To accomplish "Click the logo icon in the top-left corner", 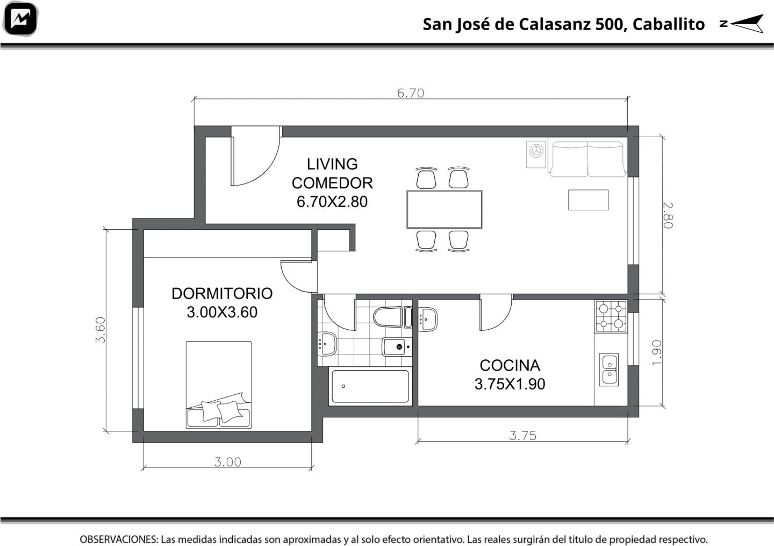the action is pyautogui.click(x=20, y=19).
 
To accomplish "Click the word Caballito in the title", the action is pyautogui.click(x=669, y=24).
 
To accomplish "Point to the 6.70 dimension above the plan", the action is pyautogui.click(x=411, y=93).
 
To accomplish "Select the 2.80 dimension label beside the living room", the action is pyautogui.click(x=668, y=215).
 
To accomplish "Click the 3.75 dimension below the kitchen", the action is pyautogui.click(x=523, y=436).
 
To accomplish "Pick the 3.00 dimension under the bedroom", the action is pyautogui.click(x=228, y=462).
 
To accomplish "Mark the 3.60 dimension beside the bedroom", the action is pyautogui.click(x=100, y=330).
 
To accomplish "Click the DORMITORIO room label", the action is pyautogui.click(x=222, y=293).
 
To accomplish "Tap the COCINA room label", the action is pyautogui.click(x=510, y=365).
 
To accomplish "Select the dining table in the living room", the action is pyautogui.click(x=445, y=209).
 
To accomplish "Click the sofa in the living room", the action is pyautogui.click(x=587, y=159).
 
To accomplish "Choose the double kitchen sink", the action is pyautogui.click(x=609, y=370).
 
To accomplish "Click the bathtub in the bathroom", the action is pyautogui.click(x=370, y=386).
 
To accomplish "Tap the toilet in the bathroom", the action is pyautogui.click(x=392, y=317).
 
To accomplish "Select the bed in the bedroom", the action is pyautogui.click(x=219, y=385).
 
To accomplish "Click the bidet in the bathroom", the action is pyautogui.click(x=397, y=346).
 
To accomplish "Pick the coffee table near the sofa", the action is pyautogui.click(x=588, y=200).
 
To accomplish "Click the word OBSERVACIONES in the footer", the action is pyautogui.click(x=119, y=539).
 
